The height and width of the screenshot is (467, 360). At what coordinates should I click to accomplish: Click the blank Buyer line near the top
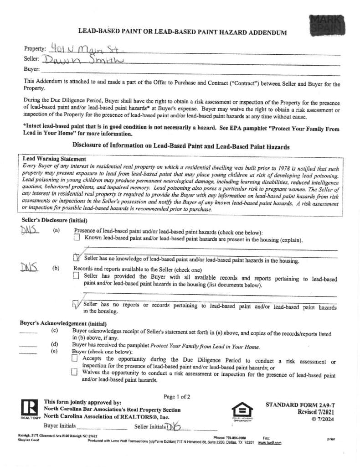[x=182, y=70]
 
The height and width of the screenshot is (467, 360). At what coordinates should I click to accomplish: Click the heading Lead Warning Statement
[x=54, y=159]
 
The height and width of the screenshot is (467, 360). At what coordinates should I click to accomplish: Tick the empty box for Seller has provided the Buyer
[x=76, y=276]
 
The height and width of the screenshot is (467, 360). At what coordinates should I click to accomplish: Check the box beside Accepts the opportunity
[x=75, y=359]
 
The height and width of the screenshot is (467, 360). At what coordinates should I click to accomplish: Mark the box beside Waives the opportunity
[x=75, y=372]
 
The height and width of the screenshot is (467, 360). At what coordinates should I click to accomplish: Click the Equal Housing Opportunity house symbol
[x=242, y=409]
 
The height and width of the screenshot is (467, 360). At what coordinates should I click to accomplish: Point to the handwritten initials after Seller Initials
[x=174, y=426]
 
